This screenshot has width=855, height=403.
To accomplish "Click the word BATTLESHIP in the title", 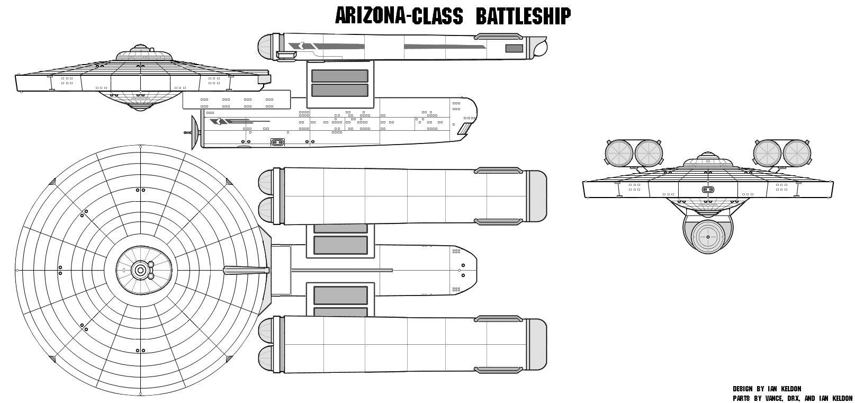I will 523,16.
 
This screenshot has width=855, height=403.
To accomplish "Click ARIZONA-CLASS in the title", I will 399,16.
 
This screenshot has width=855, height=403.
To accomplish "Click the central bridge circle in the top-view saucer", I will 140,271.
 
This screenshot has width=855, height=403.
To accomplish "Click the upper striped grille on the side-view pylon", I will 339,75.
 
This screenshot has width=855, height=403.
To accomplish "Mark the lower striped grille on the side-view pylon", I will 339,90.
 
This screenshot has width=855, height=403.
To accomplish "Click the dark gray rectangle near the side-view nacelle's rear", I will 514,49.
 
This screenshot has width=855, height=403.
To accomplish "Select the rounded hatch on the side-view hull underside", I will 277,142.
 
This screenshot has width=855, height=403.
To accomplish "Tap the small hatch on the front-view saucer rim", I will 708,190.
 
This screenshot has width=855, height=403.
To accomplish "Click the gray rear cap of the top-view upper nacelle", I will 537,196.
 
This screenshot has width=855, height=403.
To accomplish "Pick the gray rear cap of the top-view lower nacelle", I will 537,345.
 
